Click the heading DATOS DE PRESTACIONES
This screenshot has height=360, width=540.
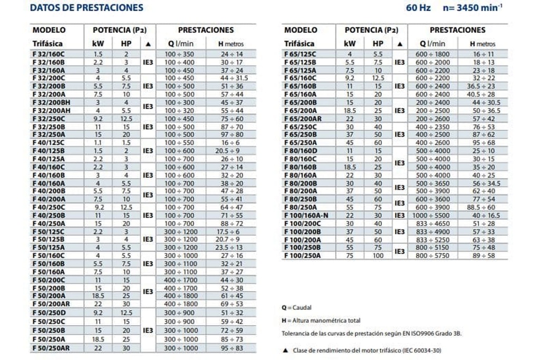tap(87, 8)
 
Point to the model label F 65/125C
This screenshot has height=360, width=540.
tap(300, 54)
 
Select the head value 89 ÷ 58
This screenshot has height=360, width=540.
tap(483, 256)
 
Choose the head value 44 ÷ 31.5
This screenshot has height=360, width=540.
tap(231, 78)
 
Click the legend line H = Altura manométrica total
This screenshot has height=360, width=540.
tap(322, 320)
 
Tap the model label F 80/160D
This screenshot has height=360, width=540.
tap(300, 151)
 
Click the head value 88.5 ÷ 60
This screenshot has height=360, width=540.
tap(483, 207)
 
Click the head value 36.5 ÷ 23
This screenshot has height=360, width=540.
tap(483, 86)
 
